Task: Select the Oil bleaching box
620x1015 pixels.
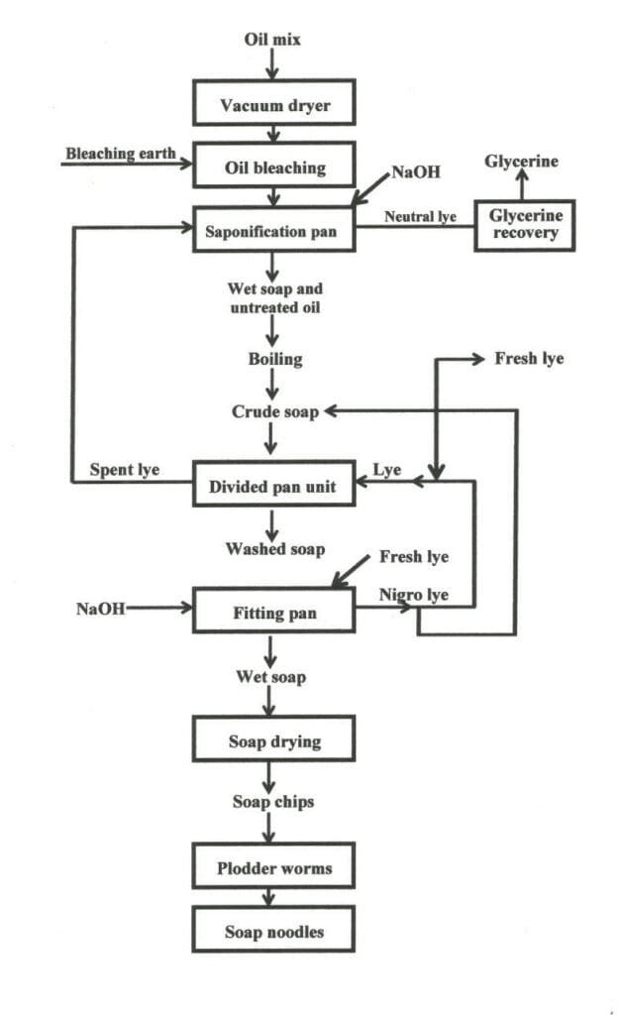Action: point(273,168)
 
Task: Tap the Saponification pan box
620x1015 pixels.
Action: point(273,232)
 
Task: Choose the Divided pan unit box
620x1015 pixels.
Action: point(273,487)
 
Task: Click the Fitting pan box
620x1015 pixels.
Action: point(273,613)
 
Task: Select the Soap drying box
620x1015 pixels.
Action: point(274,741)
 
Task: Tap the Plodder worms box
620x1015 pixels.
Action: point(274,869)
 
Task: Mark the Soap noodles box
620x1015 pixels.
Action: point(274,932)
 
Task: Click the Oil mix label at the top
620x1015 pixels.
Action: point(272,40)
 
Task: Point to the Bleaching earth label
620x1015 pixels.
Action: point(121,154)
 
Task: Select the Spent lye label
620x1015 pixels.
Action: point(125,468)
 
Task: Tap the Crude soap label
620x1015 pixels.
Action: point(275,411)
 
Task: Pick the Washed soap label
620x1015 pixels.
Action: point(274,548)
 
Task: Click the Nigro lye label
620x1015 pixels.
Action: point(415,595)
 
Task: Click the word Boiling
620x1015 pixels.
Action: point(275,359)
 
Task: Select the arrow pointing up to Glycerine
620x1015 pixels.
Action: point(525,185)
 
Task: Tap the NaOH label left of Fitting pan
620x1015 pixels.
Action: point(101,609)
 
